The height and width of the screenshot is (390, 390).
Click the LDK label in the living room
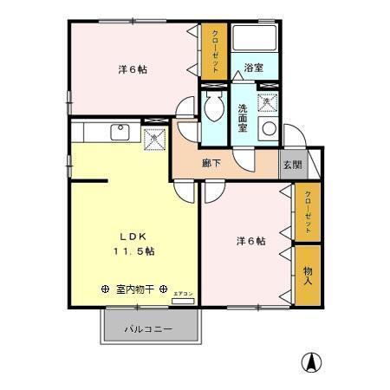click(131, 235)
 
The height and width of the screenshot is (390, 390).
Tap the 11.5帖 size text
click(132, 250)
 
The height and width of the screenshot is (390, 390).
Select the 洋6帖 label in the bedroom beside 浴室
click(133, 69)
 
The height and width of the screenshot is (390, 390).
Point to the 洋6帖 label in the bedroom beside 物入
click(251, 240)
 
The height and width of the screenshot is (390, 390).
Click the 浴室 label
click(253, 67)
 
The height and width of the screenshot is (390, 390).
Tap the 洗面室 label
click(244, 116)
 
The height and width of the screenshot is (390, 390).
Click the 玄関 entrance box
click(289, 164)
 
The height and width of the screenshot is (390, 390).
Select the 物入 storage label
click(308, 276)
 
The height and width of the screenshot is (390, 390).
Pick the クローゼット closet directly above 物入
click(308, 211)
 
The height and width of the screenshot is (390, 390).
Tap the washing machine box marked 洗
click(267, 102)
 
